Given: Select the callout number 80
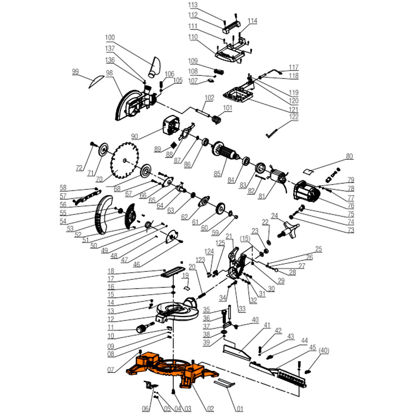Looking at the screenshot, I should click(349, 156).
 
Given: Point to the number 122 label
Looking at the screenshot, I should click(294, 117).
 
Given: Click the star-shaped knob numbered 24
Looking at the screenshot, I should click(290, 228).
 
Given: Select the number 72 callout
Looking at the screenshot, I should click(79, 168).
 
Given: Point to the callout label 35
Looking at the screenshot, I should click(207, 310).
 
